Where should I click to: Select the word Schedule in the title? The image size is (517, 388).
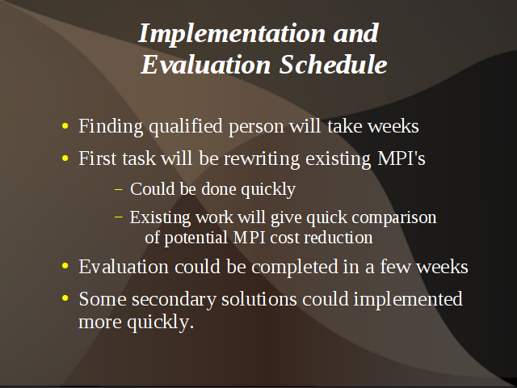(x=333, y=65)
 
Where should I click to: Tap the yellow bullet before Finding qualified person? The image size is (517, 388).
(x=65, y=126)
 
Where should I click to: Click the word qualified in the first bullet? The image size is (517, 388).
(x=186, y=126)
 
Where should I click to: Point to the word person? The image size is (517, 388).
(x=256, y=127)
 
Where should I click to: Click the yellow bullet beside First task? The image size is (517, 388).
(x=65, y=158)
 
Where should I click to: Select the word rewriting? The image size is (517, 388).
(x=262, y=159)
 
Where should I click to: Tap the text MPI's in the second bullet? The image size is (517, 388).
(x=401, y=158)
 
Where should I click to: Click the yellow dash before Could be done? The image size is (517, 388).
(x=119, y=190)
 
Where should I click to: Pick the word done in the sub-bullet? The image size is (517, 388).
(x=219, y=189)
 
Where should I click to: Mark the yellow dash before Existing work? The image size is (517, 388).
(x=119, y=217)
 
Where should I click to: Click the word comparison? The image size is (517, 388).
(x=394, y=218)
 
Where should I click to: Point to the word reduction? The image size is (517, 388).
(x=338, y=238)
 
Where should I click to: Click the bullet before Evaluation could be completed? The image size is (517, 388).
(x=65, y=266)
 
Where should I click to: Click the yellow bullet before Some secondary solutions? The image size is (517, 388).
(x=65, y=298)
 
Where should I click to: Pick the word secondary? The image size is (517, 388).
(x=174, y=300)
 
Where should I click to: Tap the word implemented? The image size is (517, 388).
(x=408, y=300)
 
